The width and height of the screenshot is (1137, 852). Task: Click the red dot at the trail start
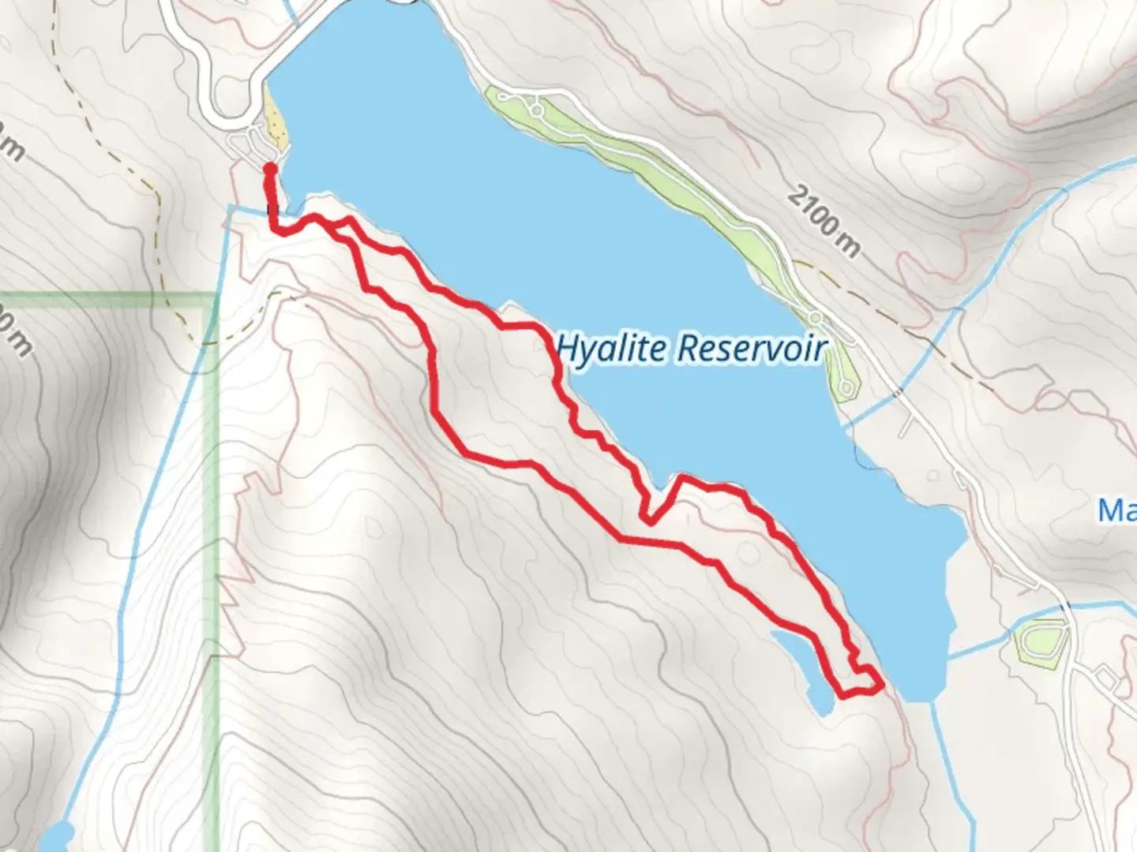(x=269, y=168)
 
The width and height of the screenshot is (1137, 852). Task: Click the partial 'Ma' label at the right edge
(x=1116, y=510)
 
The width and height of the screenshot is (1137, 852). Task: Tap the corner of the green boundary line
(x=214, y=297)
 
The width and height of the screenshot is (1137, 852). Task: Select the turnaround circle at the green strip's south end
(x=847, y=387)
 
